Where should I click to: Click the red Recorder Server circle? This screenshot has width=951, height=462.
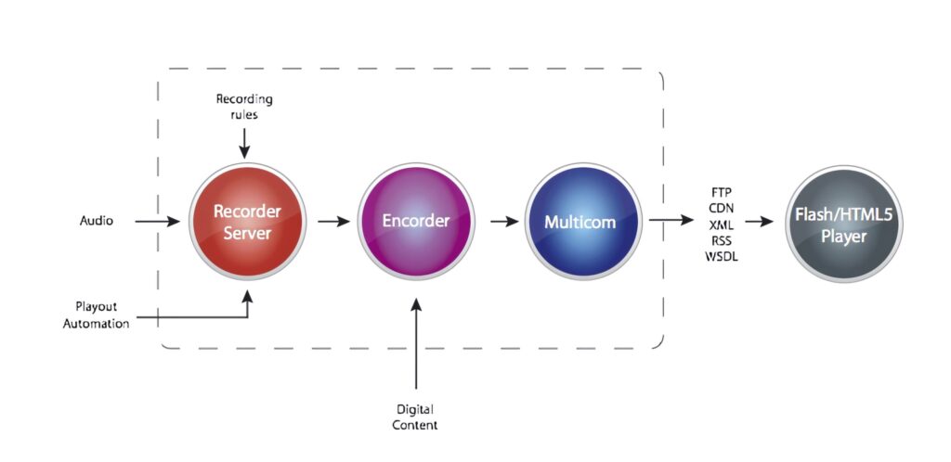pos(247,222)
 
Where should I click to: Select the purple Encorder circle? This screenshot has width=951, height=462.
pos(416,222)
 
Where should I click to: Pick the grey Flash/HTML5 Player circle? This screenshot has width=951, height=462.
pos(843,224)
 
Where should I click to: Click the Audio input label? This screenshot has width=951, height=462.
pos(96,222)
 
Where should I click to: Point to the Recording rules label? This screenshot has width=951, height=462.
pos(244,106)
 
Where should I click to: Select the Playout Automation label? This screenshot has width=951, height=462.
pos(96,314)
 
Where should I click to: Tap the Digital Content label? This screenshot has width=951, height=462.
pos(415,417)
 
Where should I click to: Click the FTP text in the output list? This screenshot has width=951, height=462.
pos(720,192)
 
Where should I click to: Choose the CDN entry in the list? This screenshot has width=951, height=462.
pos(720,207)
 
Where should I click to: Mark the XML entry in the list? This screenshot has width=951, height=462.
pos(720,223)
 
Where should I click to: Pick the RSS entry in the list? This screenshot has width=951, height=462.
pos(720,237)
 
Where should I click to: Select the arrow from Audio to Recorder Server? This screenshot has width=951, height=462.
pos(157,222)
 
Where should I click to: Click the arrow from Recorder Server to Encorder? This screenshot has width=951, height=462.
pos(333,222)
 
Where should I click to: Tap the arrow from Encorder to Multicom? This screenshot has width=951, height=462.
pos(502,222)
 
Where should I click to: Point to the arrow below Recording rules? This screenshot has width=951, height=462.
pos(244,142)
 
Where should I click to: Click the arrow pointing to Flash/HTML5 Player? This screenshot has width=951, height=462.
pos(760,223)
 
